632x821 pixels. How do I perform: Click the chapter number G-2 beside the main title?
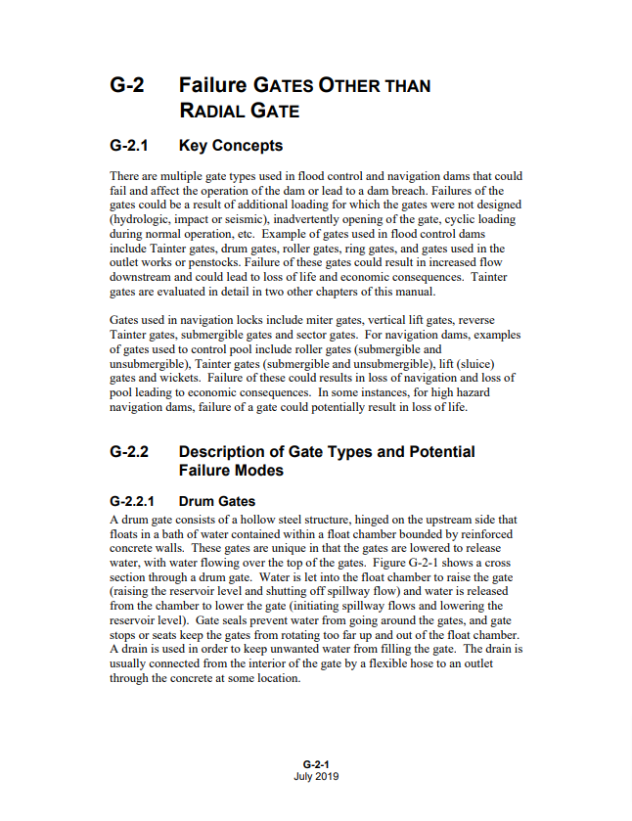click(x=127, y=85)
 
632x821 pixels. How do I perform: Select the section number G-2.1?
click(x=132, y=146)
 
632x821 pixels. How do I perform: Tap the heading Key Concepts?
click(x=231, y=146)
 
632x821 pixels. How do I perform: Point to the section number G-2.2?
click(x=132, y=452)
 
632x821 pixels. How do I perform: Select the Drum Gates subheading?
click(x=217, y=501)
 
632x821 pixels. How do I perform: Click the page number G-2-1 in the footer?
click(x=316, y=764)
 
